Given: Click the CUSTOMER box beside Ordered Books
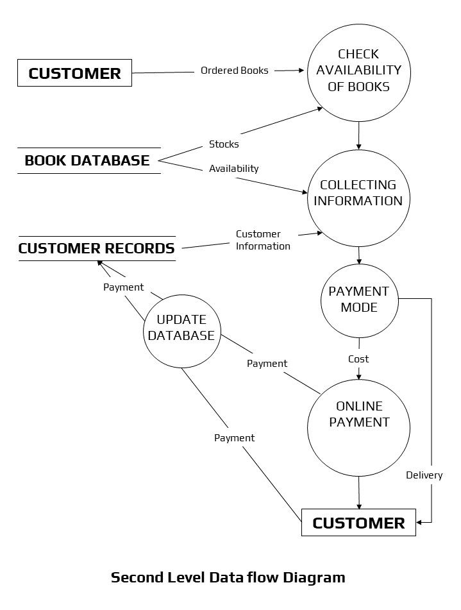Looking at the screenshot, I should click(x=74, y=73).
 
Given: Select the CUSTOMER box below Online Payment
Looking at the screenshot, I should click(x=358, y=523).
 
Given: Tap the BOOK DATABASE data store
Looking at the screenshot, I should click(x=87, y=160).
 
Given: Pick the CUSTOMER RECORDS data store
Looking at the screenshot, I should click(x=96, y=248).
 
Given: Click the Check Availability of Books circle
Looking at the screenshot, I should click(x=358, y=71).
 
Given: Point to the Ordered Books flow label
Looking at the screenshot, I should click(x=235, y=71).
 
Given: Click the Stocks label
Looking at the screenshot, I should click(x=224, y=144).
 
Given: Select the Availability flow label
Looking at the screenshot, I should click(x=234, y=169).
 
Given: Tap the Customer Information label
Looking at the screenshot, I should click(x=263, y=240).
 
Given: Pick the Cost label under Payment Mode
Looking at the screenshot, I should click(x=358, y=359).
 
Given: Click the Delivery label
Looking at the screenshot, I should click(x=424, y=475).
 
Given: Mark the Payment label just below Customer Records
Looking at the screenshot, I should click(x=124, y=287).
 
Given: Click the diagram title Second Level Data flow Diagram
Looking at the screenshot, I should click(x=228, y=577).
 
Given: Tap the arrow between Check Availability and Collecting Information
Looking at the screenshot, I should click(x=358, y=137).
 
